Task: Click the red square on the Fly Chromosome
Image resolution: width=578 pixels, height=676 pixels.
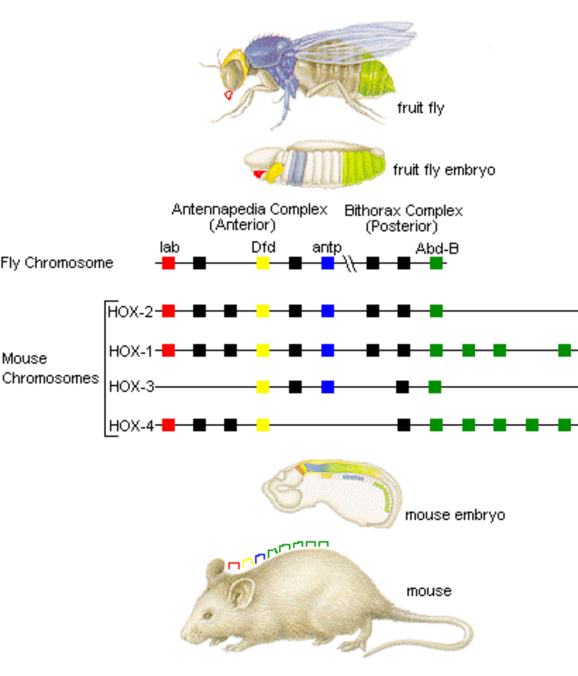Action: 168,263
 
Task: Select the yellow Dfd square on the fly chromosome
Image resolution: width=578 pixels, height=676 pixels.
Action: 263,263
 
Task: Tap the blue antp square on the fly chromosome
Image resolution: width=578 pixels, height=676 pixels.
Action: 328,263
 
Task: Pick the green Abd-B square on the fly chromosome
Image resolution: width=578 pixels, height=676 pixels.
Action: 436,263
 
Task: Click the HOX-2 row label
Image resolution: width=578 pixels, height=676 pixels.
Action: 130,312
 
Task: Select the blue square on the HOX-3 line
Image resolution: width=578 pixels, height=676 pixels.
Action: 328,387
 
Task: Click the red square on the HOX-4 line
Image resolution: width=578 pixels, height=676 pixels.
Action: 168,425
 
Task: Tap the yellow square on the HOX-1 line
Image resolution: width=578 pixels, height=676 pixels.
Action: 263,351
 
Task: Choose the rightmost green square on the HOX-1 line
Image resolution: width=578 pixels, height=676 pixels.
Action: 564,351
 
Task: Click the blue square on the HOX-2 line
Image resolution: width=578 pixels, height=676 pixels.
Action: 328,311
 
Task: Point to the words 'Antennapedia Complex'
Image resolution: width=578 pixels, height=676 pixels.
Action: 249,210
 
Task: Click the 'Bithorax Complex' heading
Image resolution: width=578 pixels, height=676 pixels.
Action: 403,211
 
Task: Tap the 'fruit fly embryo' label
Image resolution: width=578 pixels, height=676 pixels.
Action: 444,170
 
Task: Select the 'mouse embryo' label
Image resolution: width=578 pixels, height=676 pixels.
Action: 454,515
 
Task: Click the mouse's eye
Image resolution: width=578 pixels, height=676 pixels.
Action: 208,615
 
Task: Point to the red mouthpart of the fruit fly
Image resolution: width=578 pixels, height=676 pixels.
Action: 228,95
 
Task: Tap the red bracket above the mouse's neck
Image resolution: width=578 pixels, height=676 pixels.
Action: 234,565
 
